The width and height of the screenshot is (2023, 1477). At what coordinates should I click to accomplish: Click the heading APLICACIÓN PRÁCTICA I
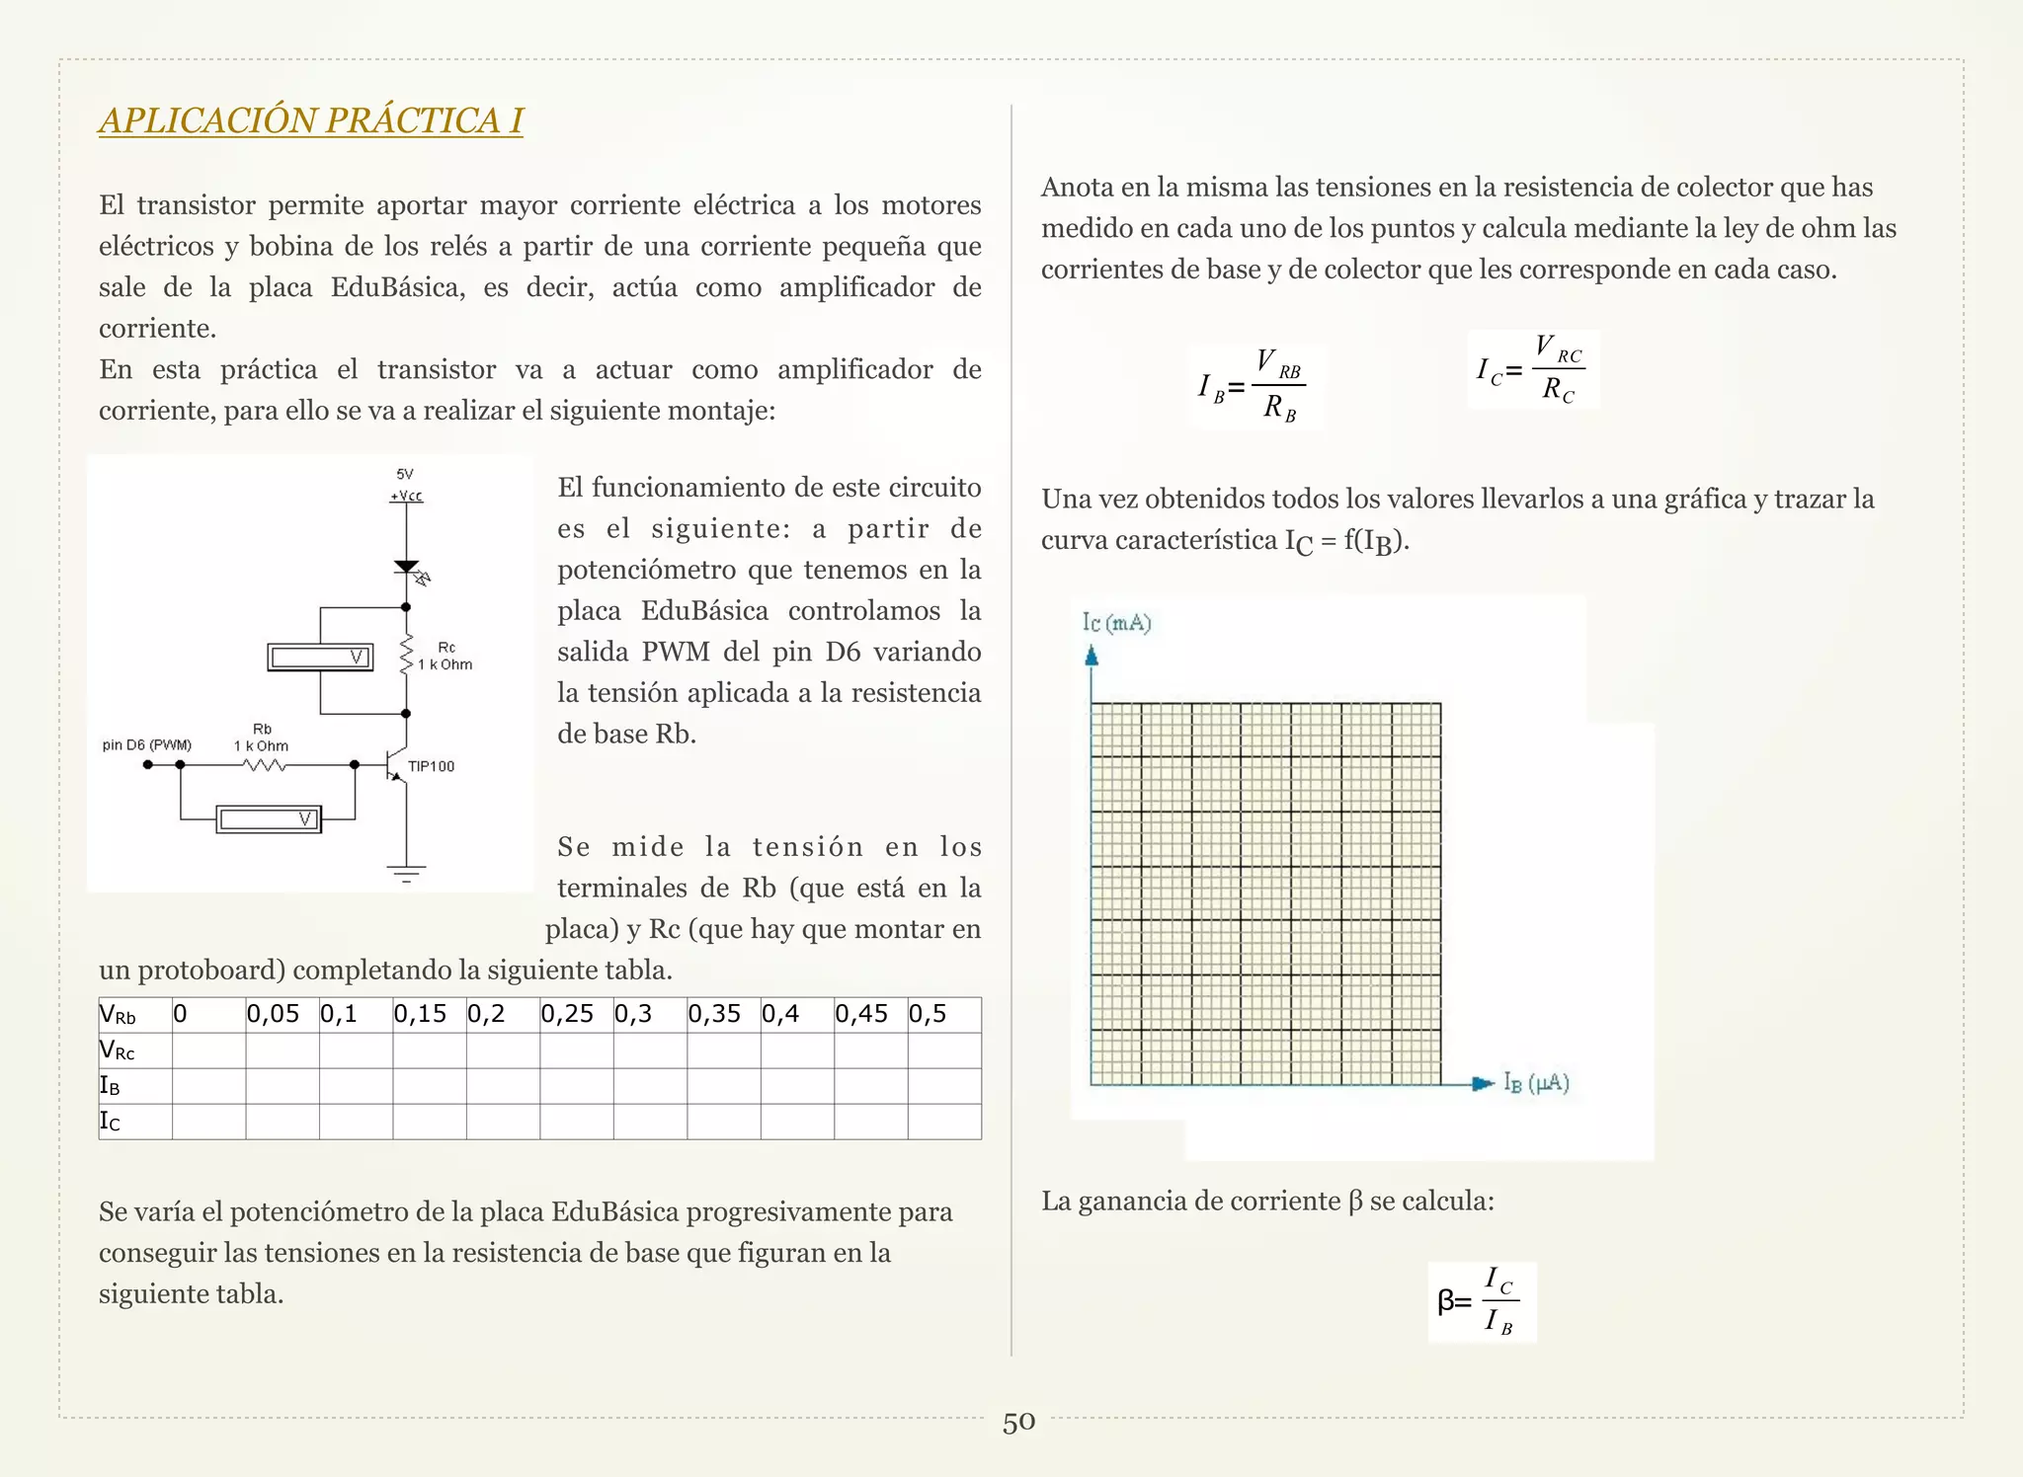(x=310, y=120)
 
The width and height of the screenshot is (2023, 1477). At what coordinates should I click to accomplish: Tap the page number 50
(x=1018, y=1423)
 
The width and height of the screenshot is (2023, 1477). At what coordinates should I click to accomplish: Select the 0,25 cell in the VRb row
(x=575, y=1014)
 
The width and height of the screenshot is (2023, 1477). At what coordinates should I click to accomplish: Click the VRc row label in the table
(x=118, y=1050)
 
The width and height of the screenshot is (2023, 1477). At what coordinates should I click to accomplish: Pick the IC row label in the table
(x=110, y=1122)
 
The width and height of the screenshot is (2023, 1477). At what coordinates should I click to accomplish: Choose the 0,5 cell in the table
(x=942, y=1014)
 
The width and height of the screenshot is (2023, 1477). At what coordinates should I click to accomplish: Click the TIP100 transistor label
(x=431, y=766)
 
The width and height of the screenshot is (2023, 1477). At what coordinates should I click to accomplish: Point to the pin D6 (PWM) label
(x=147, y=744)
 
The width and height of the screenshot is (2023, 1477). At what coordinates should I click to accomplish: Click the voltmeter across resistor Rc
(x=320, y=658)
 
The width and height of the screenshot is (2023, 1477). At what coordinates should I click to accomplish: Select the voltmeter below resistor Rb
(x=269, y=819)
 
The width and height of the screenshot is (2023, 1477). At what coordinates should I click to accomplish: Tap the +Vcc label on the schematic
(x=406, y=496)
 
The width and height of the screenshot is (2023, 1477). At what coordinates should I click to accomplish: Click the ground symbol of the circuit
(x=406, y=873)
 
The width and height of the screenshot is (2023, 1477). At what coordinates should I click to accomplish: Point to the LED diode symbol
(x=407, y=569)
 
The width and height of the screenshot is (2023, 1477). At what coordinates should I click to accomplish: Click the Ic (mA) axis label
(x=1116, y=623)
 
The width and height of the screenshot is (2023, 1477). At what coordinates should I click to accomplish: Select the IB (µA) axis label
(x=1536, y=1083)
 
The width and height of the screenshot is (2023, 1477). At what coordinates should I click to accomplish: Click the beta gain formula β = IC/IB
(x=1482, y=1301)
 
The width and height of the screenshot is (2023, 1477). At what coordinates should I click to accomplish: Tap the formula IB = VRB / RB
(x=1254, y=385)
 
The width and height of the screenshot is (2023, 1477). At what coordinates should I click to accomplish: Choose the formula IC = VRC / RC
(x=1533, y=369)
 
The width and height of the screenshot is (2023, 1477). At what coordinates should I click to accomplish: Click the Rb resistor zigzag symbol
(x=264, y=765)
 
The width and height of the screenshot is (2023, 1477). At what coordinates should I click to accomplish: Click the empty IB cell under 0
(x=208, y=1086)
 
